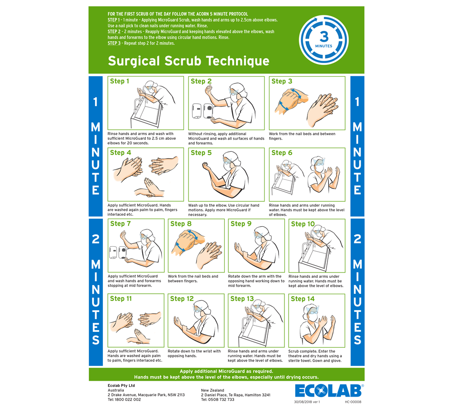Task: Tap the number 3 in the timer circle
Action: tap(324, 37)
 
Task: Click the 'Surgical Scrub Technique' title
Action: tap(188, 61)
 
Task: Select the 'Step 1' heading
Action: tap(120, 81)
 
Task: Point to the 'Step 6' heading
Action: tap(282, 153)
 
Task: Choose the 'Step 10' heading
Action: tap(303, 224)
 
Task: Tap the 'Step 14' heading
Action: tap(303, 299)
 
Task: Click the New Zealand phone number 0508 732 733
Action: tap(221, 400)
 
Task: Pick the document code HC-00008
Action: tap(353, 402)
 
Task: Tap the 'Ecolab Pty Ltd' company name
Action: tap(121, 386)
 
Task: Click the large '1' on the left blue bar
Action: tap(95, 102)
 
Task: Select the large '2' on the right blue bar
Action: tap(357, 239)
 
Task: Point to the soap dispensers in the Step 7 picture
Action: tap(118, 253)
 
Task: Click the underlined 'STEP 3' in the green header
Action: tap(114, 44)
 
